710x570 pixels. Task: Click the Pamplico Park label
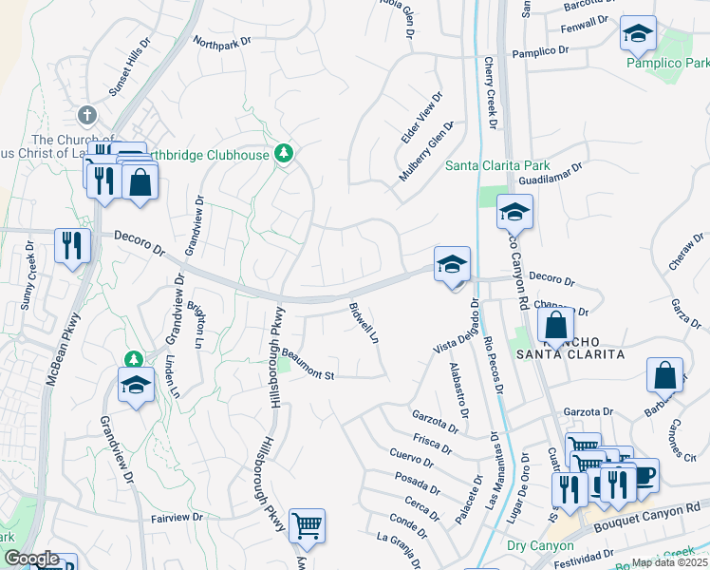(x=666, y=63)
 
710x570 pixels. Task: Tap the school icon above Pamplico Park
(x=638, y=33)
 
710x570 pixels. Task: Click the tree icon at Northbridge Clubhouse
(x=283, y=152)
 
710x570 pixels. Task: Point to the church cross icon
(x=87, y=115)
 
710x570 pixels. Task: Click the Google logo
(x=31, y=559)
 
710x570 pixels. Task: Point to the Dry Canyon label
(x=540, y=545)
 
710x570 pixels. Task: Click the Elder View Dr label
(x=421, y=118)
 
